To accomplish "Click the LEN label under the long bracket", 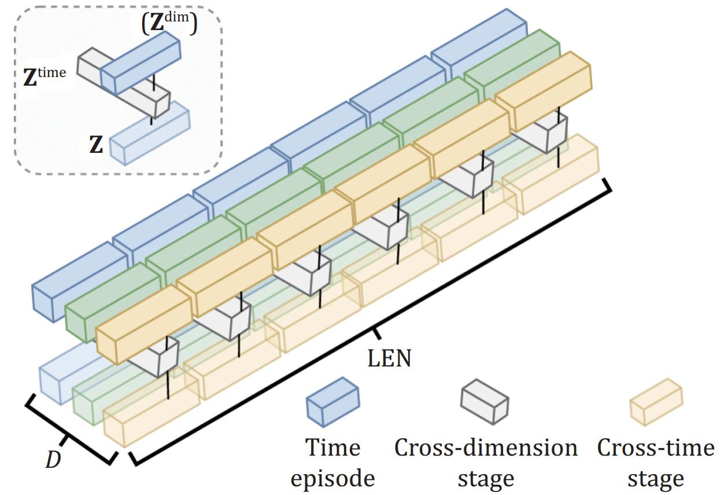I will pyautogui.click(x=389, y=358).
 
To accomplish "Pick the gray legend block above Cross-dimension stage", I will pyautogui.click(x=484, y=401).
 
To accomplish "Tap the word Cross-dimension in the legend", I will pyautogui.click(x=486, y=448).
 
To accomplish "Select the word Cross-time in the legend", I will pyautogui.click(x=655, y=448).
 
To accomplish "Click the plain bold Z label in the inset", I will pyautogui.click(x=95, y=145).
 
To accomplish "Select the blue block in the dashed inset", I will pyautogui.click(x=141, y=63).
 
